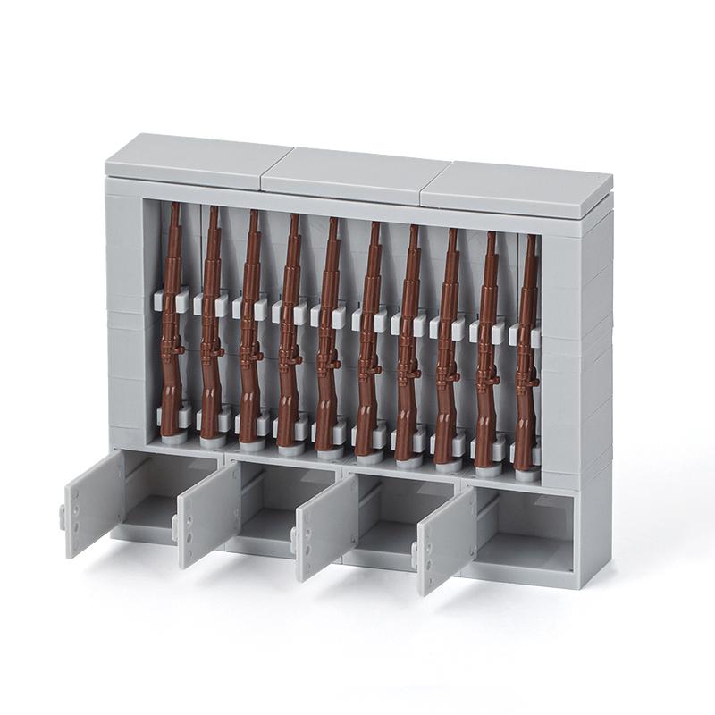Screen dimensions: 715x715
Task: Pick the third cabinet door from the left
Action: click(325, 527)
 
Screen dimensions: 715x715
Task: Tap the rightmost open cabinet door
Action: click(445, 540)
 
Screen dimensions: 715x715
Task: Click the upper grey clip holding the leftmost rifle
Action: click(166, 299)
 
